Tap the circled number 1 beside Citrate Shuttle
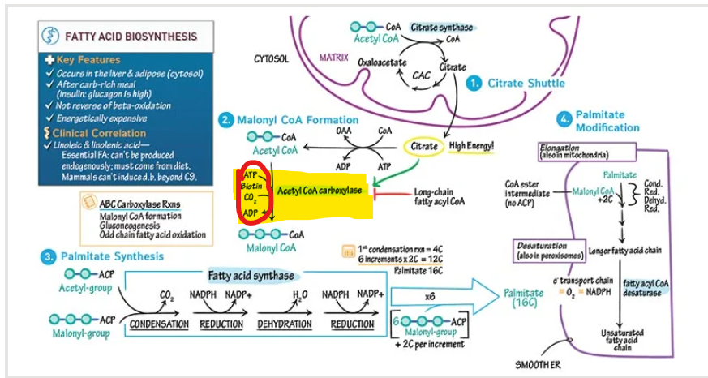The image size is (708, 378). point(474,84)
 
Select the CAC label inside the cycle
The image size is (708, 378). point(422,75)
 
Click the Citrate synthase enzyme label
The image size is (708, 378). point(442,28)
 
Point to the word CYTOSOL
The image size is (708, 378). point(271,59)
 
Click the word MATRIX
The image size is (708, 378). point(333,58)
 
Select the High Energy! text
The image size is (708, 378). point(471,146)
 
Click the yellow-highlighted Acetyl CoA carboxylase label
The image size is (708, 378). point(321,190)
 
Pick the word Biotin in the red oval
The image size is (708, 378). point(251,186)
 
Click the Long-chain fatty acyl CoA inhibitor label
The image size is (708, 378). point(440,196)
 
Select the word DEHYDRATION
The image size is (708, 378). point(285,324)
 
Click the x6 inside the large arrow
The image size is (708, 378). point(430,297)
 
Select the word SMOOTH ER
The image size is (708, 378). point(537,365)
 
